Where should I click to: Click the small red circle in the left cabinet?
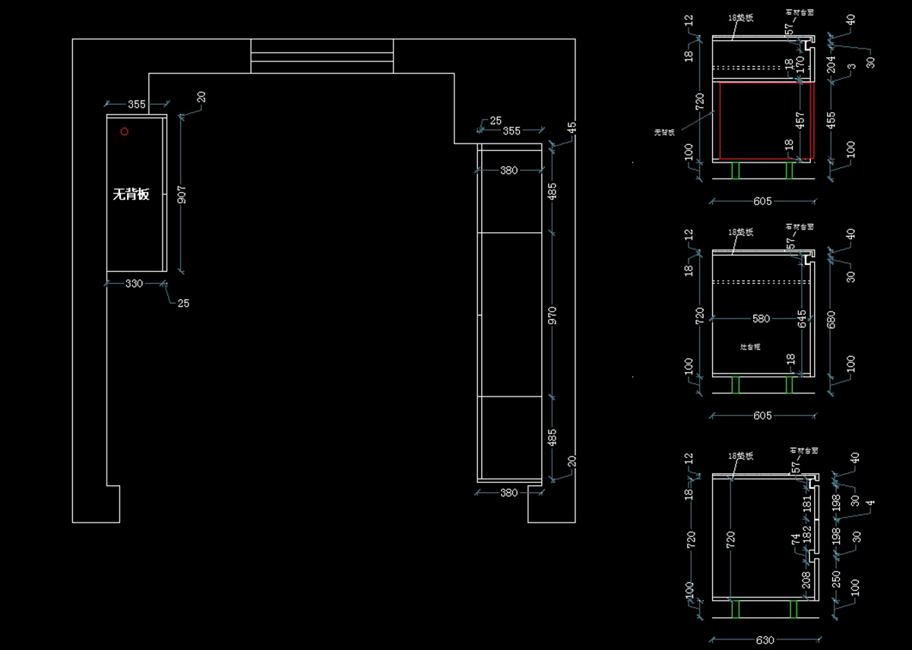[x=125, y=131]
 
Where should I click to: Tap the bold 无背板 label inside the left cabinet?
[x=131, y=194]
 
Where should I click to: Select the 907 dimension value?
[x=182, y=195]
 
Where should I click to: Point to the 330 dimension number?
[x=134, y=283]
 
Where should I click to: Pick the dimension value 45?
[x=572, y=128]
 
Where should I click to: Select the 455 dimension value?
[x=831, y=119]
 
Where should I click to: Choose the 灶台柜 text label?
[x=751, y=346]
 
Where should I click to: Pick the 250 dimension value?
[x=836, y=580]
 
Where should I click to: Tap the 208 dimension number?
[x=807, y=580]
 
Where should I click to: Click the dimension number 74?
[x=795, y=539]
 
